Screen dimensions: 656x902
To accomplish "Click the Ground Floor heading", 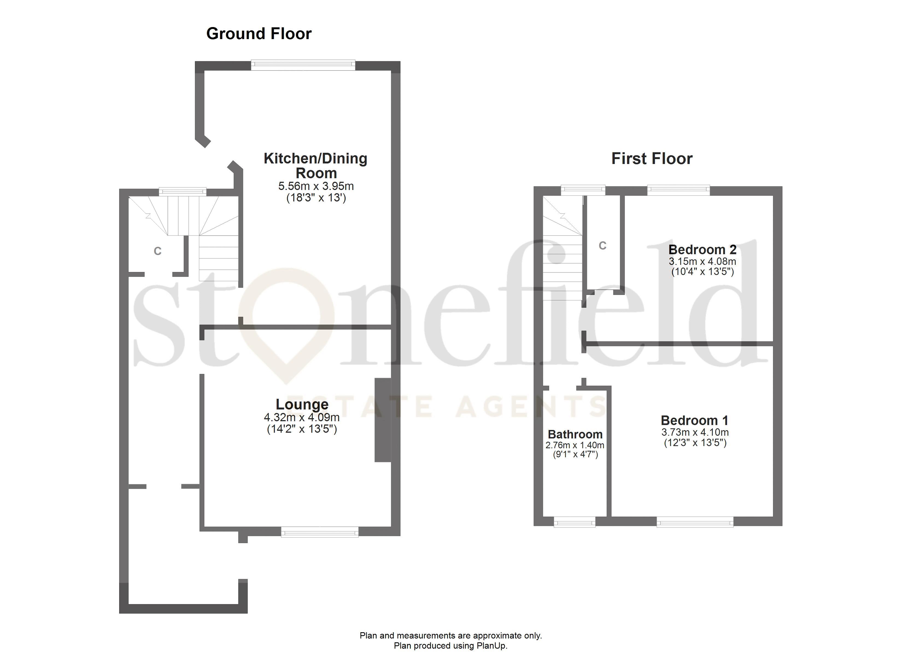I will (x=259, y=34).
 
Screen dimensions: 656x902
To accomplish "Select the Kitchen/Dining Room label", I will (x=315, y=165).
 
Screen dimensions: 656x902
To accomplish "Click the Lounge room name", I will (x=302, y=404).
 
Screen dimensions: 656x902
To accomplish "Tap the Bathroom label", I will (x=575, y=434).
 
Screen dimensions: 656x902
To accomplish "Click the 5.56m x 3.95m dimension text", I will (x=316, y=186).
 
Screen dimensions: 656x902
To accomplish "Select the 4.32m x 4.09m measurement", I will (x=301, y=417).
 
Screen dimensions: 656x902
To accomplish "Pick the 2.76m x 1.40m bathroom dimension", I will (x=575, y=445).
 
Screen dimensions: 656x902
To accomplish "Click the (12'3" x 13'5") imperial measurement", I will (x=695, y=443).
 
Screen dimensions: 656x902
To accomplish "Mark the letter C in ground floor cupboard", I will (x=157, y=251).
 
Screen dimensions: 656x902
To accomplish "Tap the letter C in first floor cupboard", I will (x=602, y=246).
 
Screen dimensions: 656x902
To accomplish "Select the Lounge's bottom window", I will (x=320, y=531).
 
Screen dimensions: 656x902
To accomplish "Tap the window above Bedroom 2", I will (x=678, y=190).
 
